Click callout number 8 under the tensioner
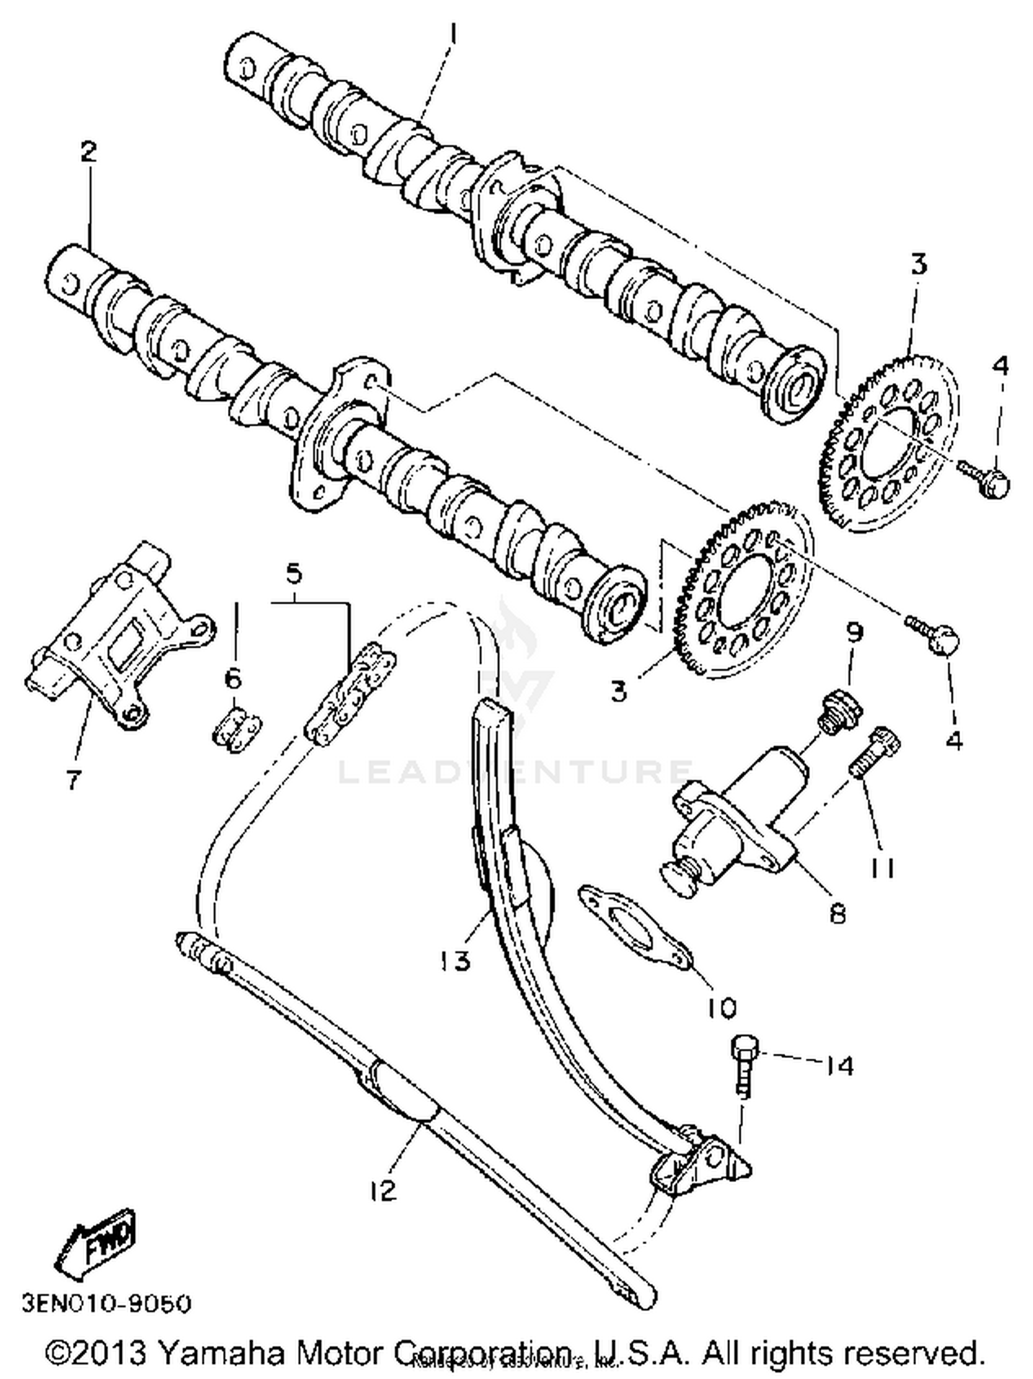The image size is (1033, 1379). [x=837, y=915]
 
